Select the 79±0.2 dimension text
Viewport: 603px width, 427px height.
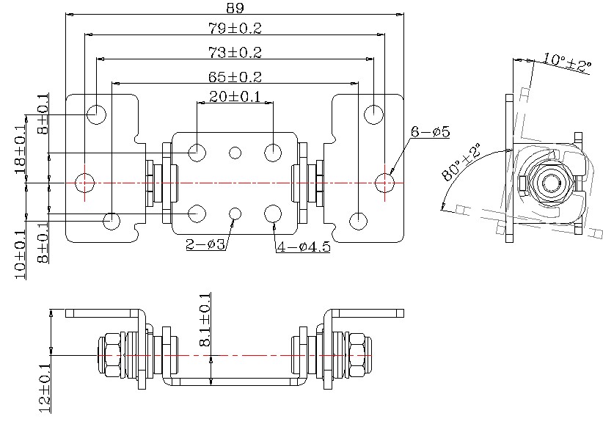tap(235, 29)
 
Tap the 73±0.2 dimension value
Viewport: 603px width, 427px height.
tap(235, 53)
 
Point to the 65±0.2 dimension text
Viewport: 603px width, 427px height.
tap(235, 76)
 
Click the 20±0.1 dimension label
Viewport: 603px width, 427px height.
tap(235, 97)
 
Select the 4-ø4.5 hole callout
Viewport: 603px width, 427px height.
tap(304, 247)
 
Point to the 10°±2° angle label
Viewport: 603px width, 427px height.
tap(567, 62)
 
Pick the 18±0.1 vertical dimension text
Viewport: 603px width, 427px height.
tap(21, 150)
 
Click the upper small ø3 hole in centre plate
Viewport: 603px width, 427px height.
tap(235, 153)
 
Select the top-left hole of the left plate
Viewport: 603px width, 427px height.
tap(96, 114)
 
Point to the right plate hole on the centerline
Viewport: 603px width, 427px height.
tap(384, 182)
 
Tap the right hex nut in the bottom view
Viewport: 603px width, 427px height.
tap(358, 355)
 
